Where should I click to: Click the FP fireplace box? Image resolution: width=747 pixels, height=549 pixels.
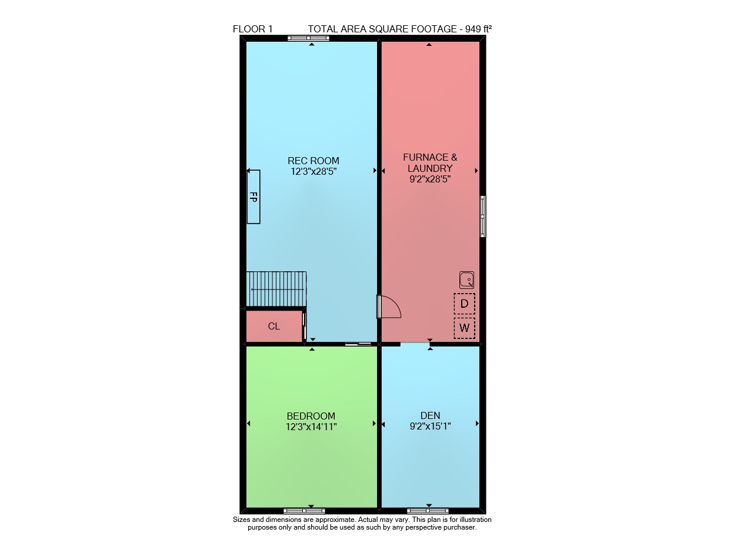(254, 197)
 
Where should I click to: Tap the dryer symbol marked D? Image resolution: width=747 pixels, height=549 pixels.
(465, 304)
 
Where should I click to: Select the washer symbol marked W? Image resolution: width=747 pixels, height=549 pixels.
(465, 328)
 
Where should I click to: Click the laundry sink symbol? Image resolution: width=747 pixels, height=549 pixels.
(466, 280)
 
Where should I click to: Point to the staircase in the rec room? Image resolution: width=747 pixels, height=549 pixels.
(276, 289)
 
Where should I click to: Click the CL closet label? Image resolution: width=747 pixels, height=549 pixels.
(274, 326)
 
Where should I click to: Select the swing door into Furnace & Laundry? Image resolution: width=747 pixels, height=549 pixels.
(389, 307)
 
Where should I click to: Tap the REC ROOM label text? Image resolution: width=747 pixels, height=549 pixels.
(314, 161)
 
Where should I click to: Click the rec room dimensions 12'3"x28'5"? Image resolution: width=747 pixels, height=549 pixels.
(314, 171)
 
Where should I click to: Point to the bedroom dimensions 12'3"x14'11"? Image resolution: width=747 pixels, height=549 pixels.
(311, 427)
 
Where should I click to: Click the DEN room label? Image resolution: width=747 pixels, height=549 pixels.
(430, 415)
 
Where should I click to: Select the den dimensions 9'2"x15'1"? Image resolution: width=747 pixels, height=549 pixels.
(430, 426)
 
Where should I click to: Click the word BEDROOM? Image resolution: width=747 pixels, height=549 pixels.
(311, 416)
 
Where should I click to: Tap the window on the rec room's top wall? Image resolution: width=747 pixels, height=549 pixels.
(308, 38)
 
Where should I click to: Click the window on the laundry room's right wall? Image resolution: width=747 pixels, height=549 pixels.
(482, 217)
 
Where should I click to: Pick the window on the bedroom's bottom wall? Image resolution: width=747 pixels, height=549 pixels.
(304, 511)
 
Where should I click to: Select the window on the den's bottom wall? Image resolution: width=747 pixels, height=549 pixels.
(428, 511)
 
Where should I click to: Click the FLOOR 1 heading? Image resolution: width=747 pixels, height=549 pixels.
(253, 29)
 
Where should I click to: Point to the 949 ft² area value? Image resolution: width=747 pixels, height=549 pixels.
(479, 29)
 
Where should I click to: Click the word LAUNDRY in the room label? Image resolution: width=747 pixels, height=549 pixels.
(430, 168)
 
